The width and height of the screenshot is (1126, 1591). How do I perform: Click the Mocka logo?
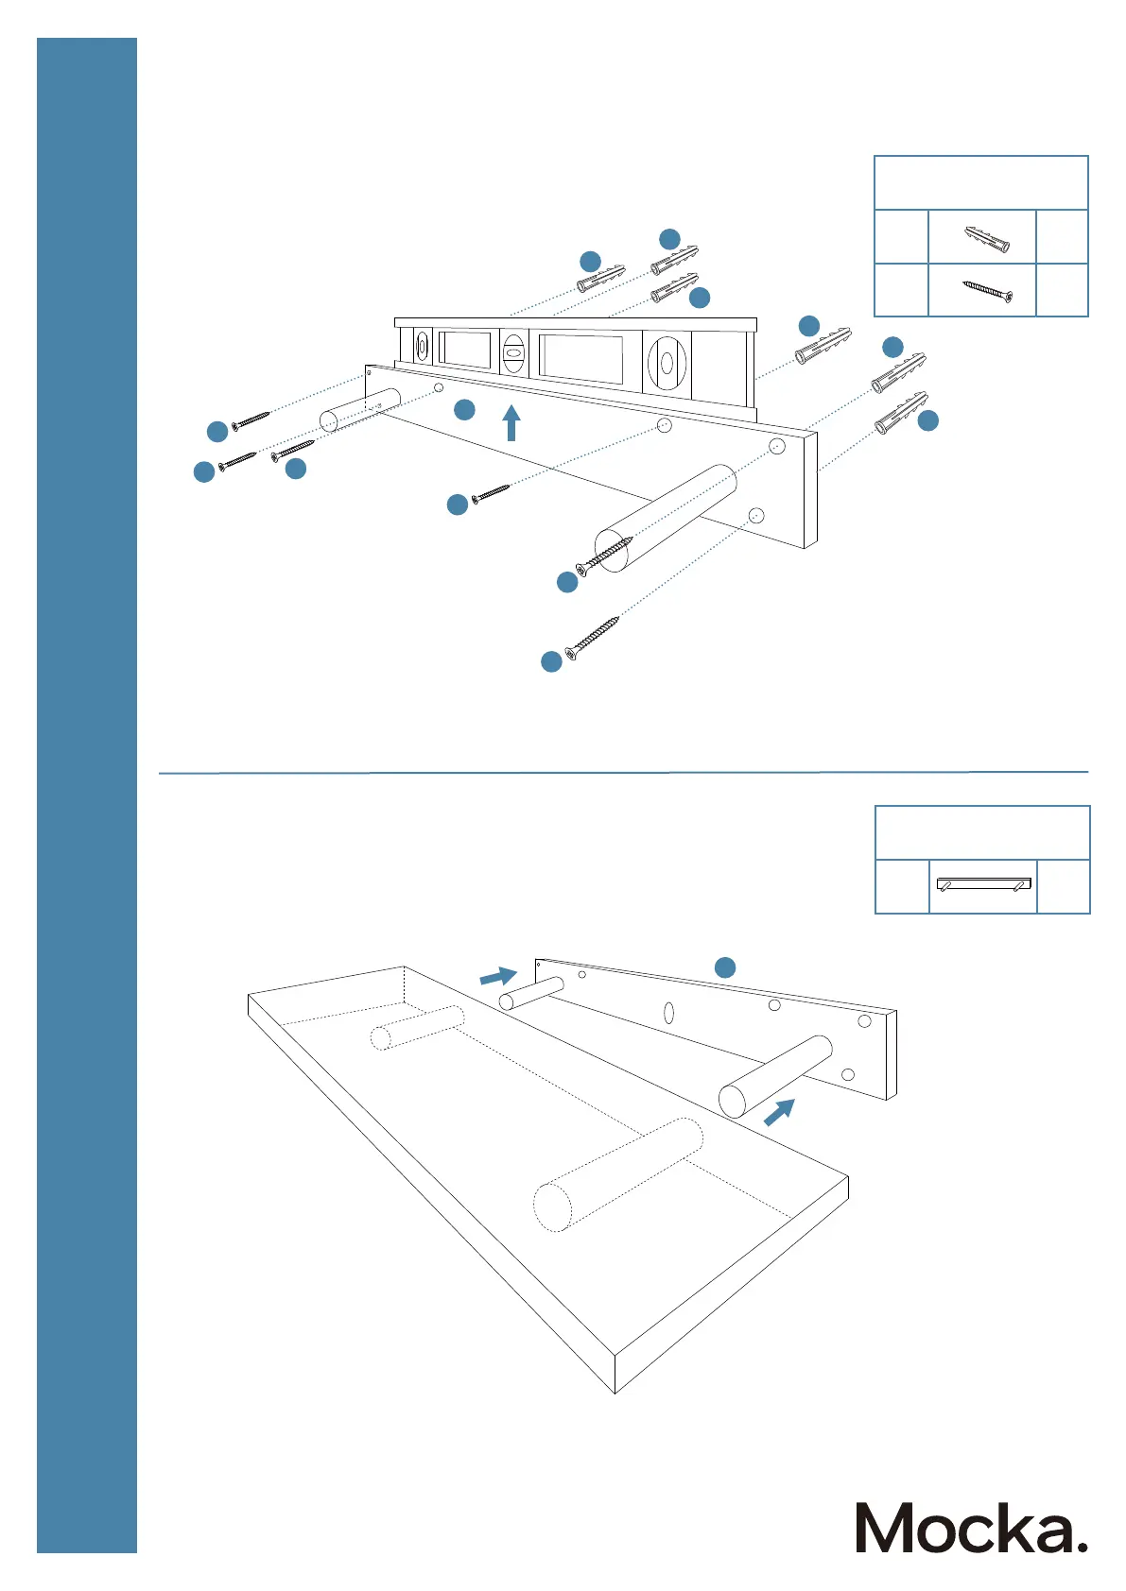coord(971,1528)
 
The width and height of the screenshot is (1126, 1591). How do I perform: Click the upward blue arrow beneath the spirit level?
coord(511,422)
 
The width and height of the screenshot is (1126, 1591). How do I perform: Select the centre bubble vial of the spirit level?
coord(513,354)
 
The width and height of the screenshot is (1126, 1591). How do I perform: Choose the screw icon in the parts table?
coord(987,291)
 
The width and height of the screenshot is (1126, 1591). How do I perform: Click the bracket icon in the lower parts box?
coord(983,885)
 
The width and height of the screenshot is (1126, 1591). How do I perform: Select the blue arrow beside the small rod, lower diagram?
coord(498,976)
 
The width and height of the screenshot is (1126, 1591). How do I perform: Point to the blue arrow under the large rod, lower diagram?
coord(778,1112)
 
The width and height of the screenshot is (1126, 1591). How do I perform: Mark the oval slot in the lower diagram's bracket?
coord(669,1013)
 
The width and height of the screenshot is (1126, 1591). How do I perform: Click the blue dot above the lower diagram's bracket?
coord(724,967)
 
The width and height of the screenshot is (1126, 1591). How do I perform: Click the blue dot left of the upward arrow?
coord(464,409)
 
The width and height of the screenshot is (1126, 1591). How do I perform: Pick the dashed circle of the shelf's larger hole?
coord(553,1206)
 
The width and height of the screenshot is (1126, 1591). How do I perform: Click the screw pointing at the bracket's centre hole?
coord(491,492)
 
